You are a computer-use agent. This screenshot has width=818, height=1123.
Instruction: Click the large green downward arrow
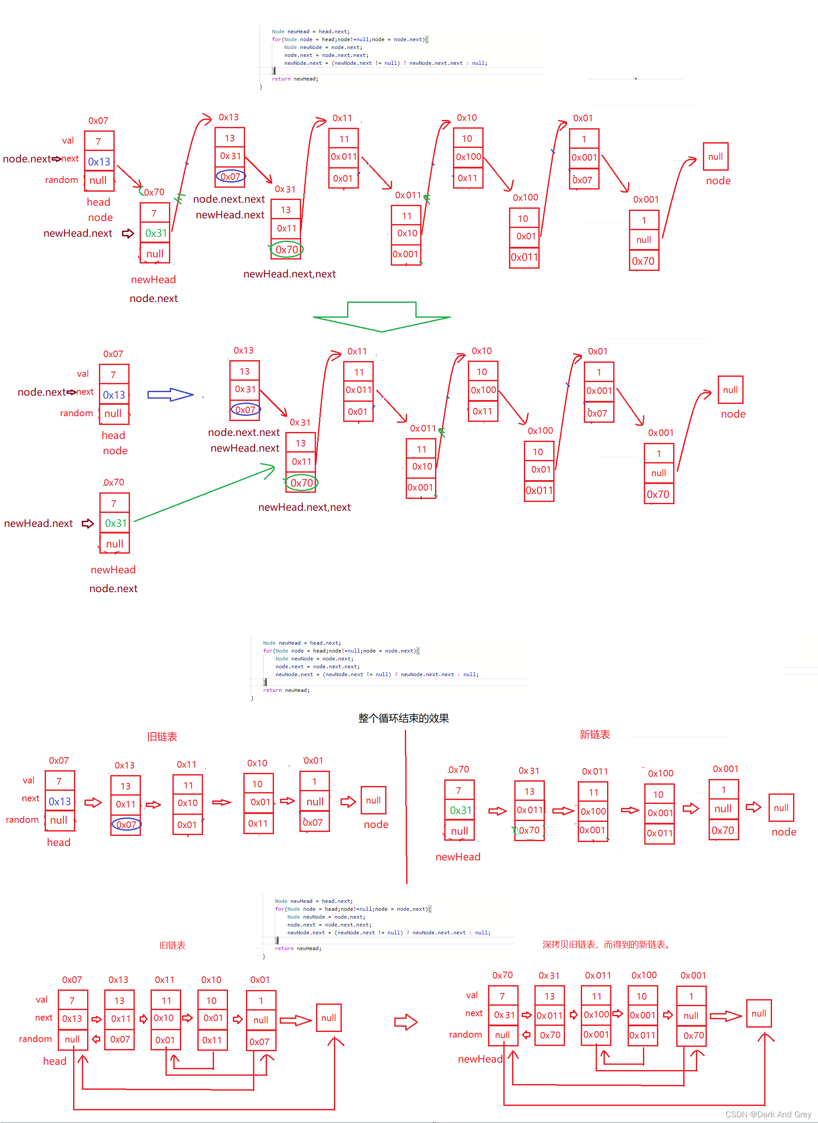(x=381, y=317)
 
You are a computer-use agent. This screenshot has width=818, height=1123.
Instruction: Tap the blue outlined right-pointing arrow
(x=170, y=394)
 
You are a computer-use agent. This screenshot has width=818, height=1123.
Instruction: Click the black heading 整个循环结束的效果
(x=403, y=718)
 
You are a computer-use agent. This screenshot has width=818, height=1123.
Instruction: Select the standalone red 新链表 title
(x=594, y=734)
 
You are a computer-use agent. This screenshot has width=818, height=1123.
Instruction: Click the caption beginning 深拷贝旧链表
(x=606, y=944)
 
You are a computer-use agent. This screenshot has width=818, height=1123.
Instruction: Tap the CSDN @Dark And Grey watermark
(x=768, y=1114)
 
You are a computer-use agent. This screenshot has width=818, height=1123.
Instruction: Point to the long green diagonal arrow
(x=203, y=494)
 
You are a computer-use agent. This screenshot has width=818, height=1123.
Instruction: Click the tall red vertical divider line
(x=406, y=807)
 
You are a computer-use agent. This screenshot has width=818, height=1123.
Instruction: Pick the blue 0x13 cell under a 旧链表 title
(x=60, y=801)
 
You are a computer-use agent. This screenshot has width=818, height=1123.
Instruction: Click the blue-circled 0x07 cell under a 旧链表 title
(x=126, y=825)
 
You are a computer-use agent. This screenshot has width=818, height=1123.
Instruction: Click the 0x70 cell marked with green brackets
(x=529, y=830)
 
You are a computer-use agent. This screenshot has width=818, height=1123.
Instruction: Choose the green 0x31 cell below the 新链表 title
(x=460, y=810)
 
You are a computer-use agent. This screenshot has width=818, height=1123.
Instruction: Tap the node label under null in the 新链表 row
(x=783, y=832)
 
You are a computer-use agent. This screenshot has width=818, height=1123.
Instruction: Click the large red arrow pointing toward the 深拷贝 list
(x=406, y=1021)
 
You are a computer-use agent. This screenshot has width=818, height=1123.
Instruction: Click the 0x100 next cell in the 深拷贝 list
(x=596, y=1014)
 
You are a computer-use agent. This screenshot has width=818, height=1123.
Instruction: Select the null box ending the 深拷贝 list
(x=758, y=1014)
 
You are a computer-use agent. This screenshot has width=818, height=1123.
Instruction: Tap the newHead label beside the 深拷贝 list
(x=480, y=1059)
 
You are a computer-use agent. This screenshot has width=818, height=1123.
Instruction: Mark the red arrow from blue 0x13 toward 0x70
(x=129, y=176)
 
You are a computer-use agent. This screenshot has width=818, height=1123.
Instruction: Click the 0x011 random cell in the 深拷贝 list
(x=642, y=1035)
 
